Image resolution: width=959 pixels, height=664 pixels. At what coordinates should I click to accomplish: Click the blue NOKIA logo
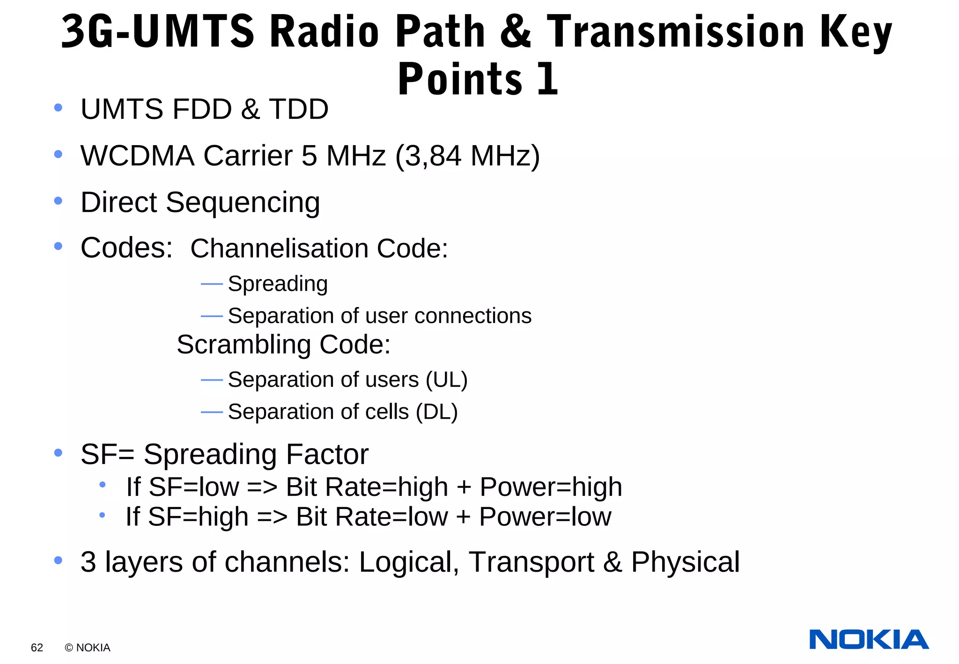869,640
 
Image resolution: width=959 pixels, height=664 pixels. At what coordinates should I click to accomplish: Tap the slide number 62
37,648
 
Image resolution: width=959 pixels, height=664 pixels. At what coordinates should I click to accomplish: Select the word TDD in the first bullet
299,109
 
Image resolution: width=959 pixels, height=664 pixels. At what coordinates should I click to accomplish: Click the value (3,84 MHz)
467,156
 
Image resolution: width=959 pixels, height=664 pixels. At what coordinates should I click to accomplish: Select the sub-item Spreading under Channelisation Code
278,284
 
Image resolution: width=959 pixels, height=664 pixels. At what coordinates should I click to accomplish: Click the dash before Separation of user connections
212,317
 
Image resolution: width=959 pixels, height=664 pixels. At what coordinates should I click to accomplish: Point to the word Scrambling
243,345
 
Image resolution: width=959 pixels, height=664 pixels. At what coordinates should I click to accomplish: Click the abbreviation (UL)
446,379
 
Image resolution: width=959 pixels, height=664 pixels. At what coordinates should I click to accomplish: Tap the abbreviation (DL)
436,412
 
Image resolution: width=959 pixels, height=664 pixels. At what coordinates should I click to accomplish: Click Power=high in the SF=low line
551,487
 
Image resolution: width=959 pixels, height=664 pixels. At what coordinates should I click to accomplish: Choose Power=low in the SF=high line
545,517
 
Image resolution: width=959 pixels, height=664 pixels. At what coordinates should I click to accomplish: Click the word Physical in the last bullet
685,562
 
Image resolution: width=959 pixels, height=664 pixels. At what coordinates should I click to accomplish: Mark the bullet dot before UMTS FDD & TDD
58,108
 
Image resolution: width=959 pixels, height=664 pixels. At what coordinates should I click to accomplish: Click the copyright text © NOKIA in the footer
88,648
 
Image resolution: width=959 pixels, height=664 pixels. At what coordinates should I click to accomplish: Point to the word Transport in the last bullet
531,562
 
